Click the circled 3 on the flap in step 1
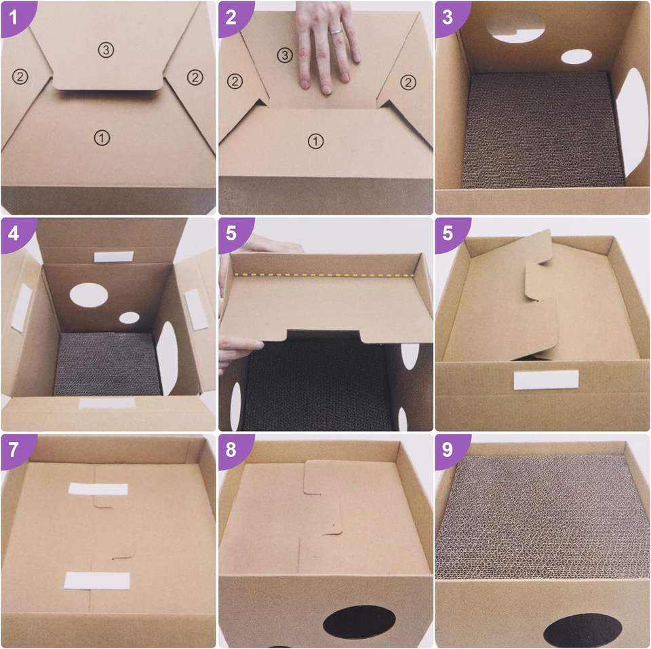tap(106, 50)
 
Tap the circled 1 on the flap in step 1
tap(102, 138)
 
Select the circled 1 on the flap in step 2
tap(315, 141)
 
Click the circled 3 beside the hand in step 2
tap(284, 55)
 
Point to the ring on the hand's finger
tap(336, 31)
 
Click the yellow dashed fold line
tap(325, 275)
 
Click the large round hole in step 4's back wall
tap(88, 295)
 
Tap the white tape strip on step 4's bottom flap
tap(107, 403)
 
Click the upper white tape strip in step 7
tap(98, 489)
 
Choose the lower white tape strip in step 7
tap(97, 580)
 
